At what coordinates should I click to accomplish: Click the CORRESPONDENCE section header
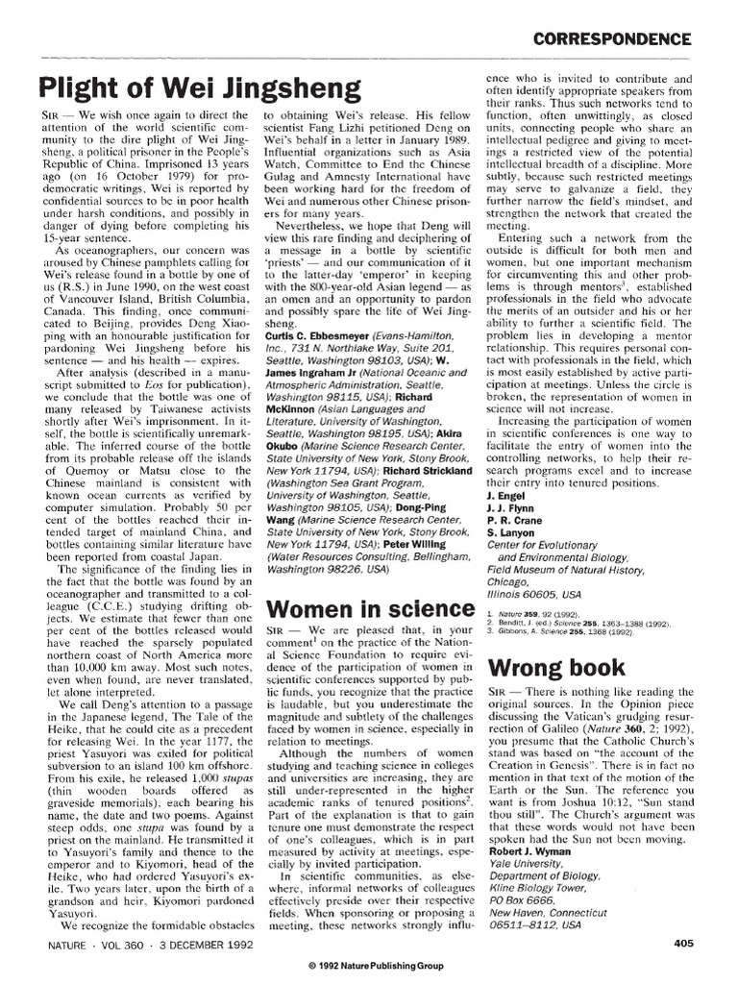tap(612, 38)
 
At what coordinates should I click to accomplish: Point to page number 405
tap(684, 943)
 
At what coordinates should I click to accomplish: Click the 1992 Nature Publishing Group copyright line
tap(369, 964)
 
